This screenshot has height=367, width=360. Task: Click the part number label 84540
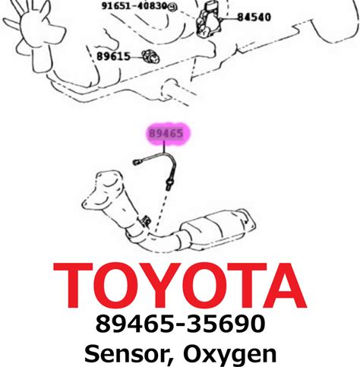coord(254,17)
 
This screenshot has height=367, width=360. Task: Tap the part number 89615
coord(113,56)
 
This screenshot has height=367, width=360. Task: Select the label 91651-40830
coord(134,6)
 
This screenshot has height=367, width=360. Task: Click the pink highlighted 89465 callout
coord(166,134)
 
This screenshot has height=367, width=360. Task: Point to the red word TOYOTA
coord(180,286)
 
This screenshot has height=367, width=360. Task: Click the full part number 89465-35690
coord(180,324)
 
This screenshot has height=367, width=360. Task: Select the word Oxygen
coord(229,355)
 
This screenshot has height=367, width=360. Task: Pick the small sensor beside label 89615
coord(150,56)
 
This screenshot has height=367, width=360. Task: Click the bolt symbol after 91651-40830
coord(172,7)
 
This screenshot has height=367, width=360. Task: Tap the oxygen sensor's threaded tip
coord(169,185)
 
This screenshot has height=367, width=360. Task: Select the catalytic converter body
coord(218,227)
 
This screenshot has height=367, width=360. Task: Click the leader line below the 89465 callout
coord(164,147)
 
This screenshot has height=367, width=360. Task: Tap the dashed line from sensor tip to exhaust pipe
coord(161,211)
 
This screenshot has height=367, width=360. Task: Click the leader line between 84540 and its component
coord(229,18)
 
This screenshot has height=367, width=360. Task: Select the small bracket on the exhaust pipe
coord(145,221)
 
